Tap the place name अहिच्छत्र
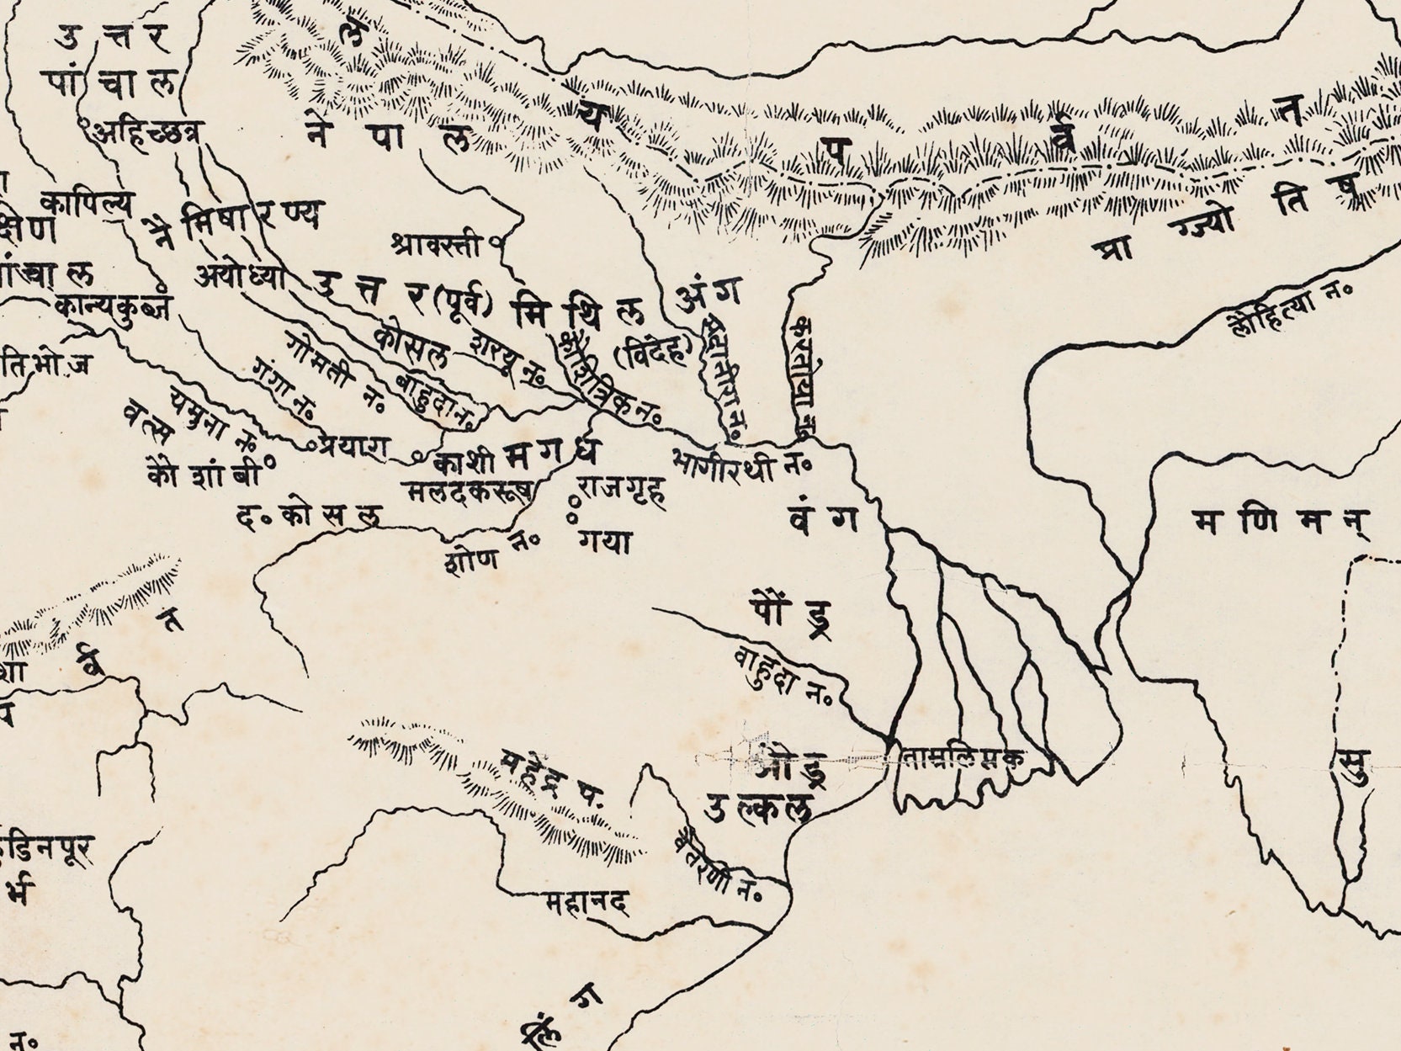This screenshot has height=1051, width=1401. tap(148, 133)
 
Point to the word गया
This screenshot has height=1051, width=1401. tap(603, 543)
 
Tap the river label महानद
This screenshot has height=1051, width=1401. tap(586, 904)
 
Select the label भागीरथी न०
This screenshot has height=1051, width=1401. tap(740, 464)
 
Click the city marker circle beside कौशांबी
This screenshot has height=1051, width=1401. tap(270, 460)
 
